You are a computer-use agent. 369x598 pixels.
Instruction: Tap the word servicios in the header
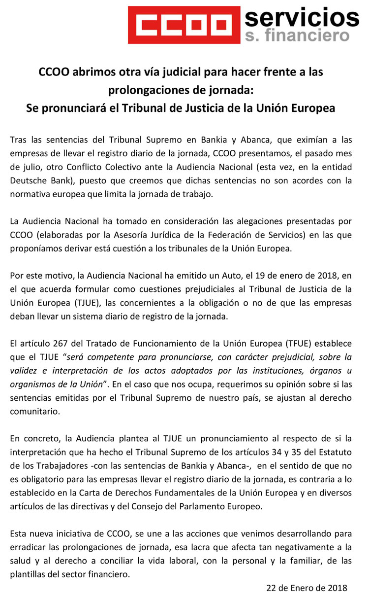302,18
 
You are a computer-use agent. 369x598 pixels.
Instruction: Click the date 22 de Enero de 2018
307,588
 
